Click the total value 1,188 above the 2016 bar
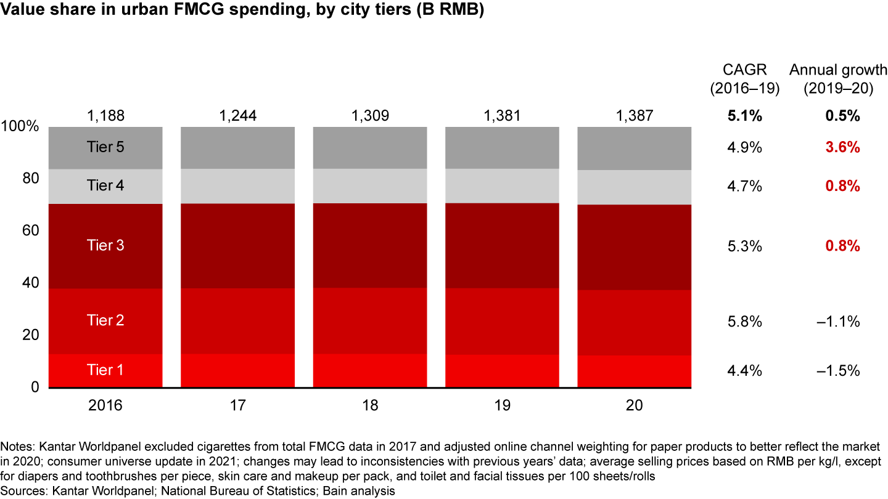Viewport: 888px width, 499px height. (105, 116)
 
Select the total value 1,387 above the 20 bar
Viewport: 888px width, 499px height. (634, 116)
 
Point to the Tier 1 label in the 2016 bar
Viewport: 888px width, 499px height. (105, 370)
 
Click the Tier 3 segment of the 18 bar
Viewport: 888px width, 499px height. (370, 245)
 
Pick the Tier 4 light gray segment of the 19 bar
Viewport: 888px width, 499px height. (502, 185)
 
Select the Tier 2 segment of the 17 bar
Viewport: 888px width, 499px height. (237, 320)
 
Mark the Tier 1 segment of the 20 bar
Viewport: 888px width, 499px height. (634, 371)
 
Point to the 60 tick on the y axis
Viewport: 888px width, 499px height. (31, 231)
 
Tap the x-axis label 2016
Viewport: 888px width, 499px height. (105, 405)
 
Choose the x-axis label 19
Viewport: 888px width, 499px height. (502, 405)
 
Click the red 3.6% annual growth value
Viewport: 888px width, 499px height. (843, 148)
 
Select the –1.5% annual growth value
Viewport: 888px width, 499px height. (838, 371)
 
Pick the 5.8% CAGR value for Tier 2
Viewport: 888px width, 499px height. (744, 322)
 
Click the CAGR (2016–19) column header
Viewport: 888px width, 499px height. (744, 79)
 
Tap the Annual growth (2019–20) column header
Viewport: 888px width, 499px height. (838, 79)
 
